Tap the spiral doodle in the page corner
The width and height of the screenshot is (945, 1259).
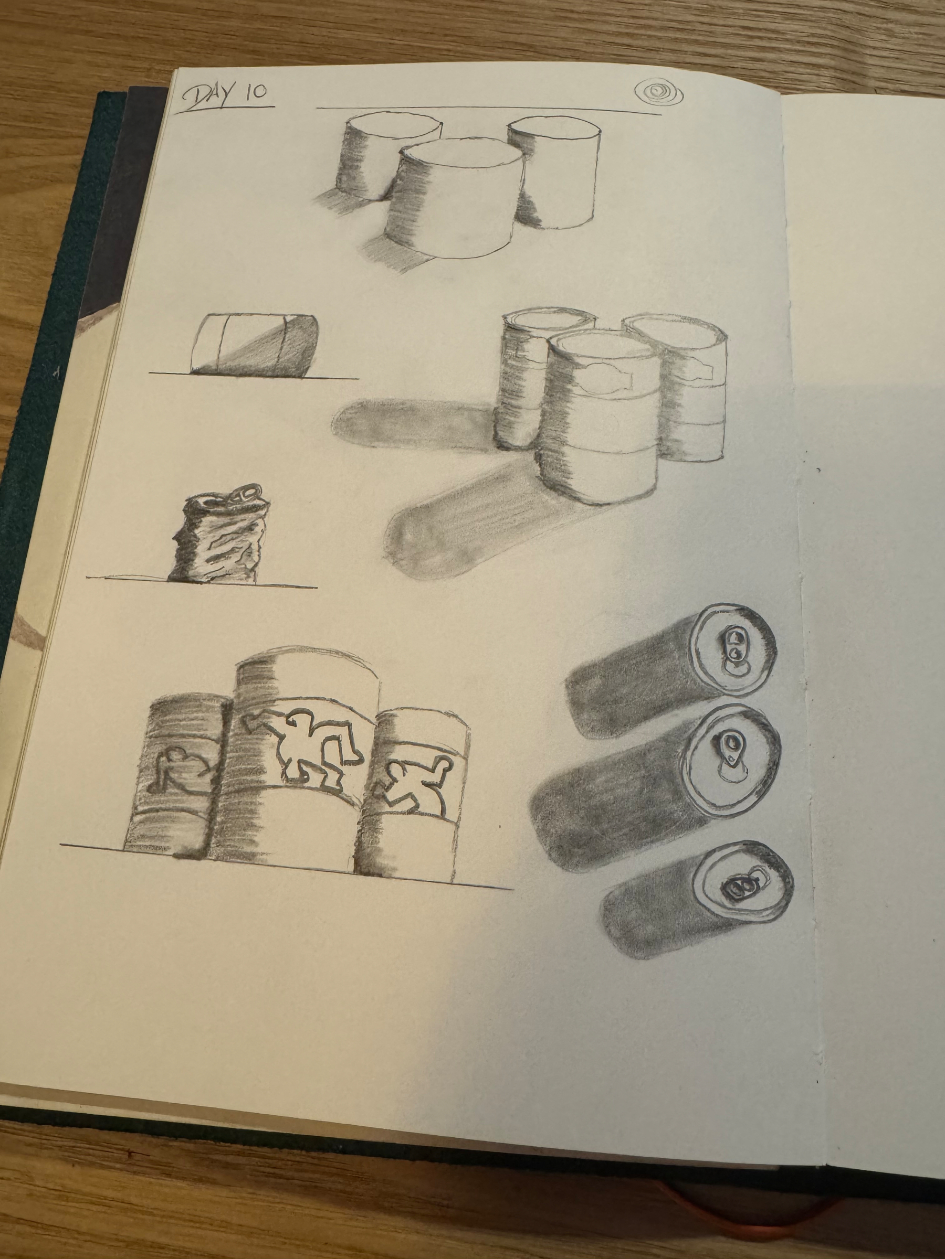tap(659, 91)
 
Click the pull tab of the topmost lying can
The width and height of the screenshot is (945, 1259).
tap(732, 645)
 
